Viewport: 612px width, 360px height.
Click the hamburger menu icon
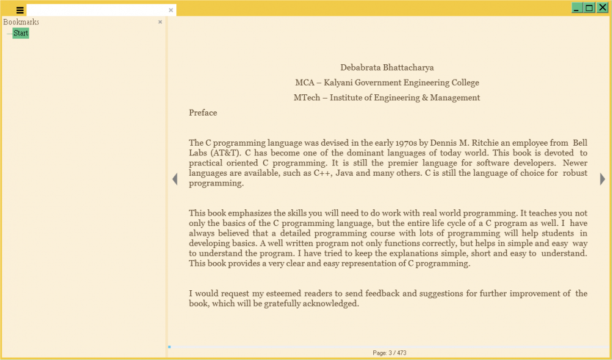(20, 10)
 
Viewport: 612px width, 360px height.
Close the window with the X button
(602, 7)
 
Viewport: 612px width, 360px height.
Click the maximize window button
(589, 7)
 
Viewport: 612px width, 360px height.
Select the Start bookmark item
(21, 33)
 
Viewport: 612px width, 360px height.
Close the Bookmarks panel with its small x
(160, 22)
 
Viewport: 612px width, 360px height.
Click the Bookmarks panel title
(21, 22)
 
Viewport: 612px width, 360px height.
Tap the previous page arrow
(174, 179)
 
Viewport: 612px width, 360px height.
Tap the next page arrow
(603, 179)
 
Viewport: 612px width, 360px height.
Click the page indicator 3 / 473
(389, 353)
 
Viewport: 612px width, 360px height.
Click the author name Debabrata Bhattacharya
(387, 67)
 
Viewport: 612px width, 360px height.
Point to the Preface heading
(203, 113)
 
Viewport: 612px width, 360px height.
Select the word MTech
(307, 98)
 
